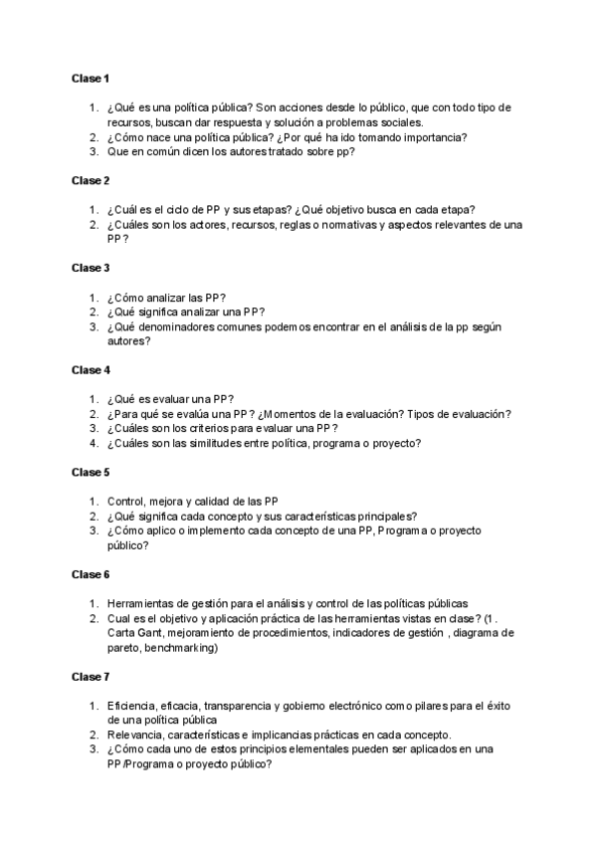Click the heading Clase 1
(x=90, y=77)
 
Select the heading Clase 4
(x=90, y=370)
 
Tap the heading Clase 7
(x=90, y=677)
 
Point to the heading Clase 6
(x=90, y=575)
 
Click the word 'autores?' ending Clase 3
(x=128, y=340)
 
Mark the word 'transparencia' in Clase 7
(x=246, y=706)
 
